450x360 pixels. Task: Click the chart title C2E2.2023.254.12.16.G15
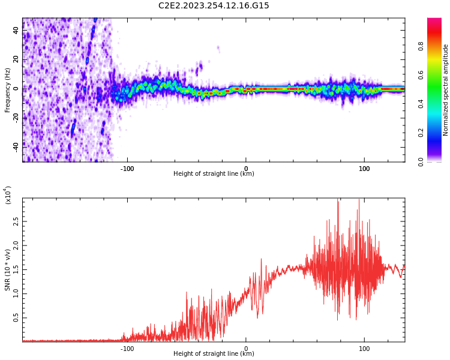pyautogui.click(x=214, y=6)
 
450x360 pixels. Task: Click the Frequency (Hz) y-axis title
pyautogui.click(x=8, y=90)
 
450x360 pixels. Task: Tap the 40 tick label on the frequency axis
pyautogui.click(x=16, y=30)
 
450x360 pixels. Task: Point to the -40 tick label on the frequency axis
pyautogui.click(x=16, y=146)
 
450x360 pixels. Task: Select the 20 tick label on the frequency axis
pyautogui.click(x=16, y=59)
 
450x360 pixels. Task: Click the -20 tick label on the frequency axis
pyautogui.click(x=16, y=117)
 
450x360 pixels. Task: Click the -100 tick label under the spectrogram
pyautogui.click(x=127, y=169)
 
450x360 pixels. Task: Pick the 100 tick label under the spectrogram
pyautogui.click(x=364, y=169)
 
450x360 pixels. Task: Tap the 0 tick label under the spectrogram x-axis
pyautogui.click(x=245, y=169)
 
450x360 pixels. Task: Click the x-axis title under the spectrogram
pyautogui.click(x=214, y=174)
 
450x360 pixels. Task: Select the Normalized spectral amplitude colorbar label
pyautogui.click(x=446, y=90)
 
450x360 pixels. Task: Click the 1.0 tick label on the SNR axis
pyautogui.click(x=16, y=293)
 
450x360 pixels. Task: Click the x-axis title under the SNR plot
pyautogui.click(x=214, y=354)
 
